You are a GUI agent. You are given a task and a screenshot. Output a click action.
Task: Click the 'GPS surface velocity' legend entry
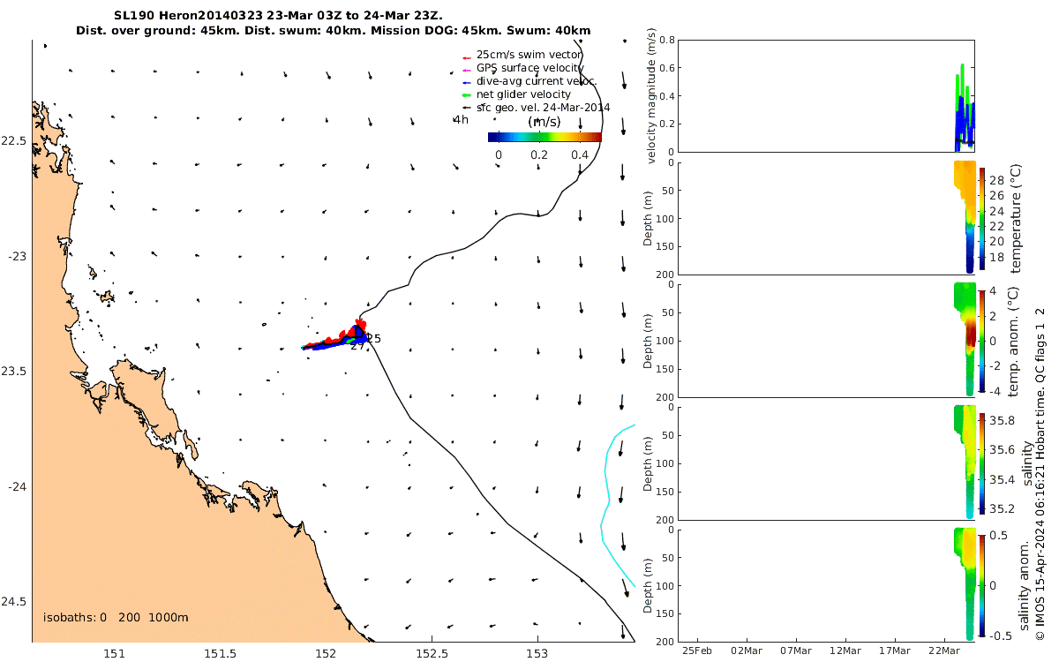pos(529,68)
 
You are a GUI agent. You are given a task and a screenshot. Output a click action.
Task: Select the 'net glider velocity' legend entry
pos(523,94)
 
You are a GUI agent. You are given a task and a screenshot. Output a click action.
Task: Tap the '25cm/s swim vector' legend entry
pos(528,55)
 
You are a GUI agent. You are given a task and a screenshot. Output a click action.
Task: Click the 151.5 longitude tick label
pos(220,652)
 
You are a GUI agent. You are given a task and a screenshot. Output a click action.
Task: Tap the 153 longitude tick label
pos(537,652)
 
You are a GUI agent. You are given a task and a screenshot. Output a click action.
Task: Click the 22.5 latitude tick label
pos(13,141)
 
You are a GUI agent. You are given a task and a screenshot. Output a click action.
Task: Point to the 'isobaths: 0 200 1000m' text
pos(116,618)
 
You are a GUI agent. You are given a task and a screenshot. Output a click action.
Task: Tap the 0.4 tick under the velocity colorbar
pos(579,155)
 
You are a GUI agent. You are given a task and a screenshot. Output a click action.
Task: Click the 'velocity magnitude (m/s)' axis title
pos(652,96)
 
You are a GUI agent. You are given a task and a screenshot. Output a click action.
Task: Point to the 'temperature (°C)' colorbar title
pos(1015,218)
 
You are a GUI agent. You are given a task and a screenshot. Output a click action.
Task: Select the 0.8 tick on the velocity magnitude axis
pos(667,41)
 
